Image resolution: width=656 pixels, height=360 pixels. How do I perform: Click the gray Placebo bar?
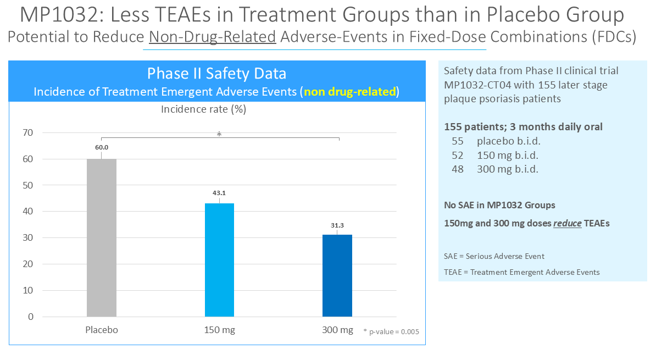coord(102,237)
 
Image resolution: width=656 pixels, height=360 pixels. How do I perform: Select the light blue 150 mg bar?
coord(219,260)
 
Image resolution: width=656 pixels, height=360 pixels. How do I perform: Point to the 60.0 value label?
coord(102,147)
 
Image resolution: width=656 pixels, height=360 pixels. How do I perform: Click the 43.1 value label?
coord(219,192)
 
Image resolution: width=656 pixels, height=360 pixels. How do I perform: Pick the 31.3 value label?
coord(337,225)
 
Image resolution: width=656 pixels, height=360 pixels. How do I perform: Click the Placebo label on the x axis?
coord(102,330)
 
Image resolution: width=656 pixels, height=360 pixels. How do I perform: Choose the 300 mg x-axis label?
coord(337,330)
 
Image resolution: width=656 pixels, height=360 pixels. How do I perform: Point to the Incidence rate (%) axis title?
coord(203,109)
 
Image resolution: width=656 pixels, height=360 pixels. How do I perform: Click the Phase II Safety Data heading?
coord(216,74)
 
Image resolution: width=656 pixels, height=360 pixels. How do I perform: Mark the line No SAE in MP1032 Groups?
coord(499,205)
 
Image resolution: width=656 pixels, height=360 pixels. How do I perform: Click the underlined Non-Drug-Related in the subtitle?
coord(212,37)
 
